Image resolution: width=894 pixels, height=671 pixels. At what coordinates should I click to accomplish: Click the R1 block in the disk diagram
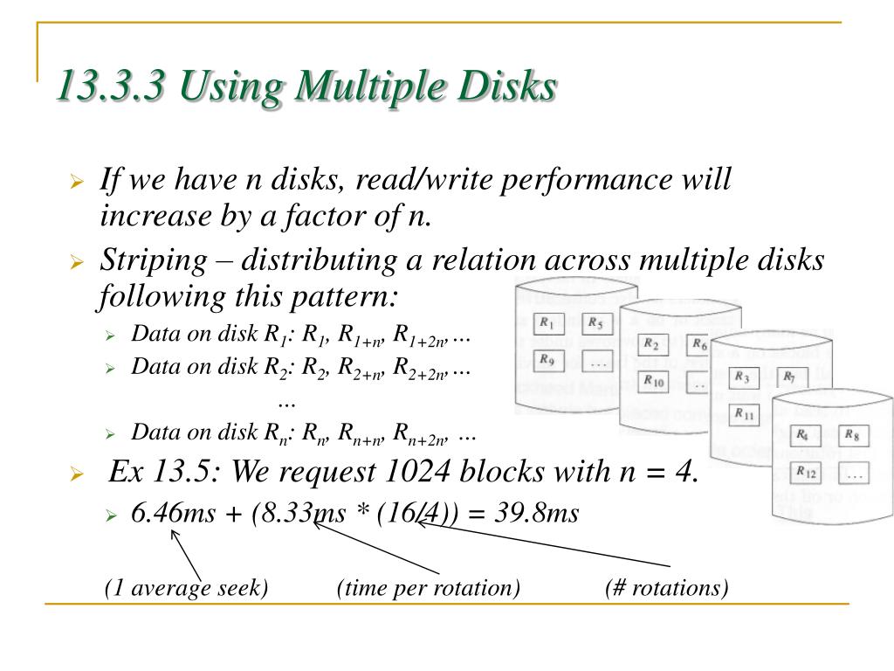[x=548, y=323]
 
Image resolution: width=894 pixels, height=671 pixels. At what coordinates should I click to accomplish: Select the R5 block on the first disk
[x=597, y=323]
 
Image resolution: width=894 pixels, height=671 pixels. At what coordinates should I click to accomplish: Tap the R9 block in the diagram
[x=548, y=360]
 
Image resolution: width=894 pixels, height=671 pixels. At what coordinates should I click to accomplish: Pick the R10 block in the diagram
[x=655, y=381]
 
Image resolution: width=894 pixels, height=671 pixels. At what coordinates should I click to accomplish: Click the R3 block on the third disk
[x=743, y=377]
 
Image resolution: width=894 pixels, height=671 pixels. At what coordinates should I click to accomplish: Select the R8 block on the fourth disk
[x=853, y=436]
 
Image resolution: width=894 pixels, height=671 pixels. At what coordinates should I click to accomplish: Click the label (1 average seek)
[x=186, y=588]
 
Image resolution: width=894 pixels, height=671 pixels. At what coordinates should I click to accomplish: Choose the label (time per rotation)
[x=428, y=588]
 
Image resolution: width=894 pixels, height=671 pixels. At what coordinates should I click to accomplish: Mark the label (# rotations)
[x=666, y=588]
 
